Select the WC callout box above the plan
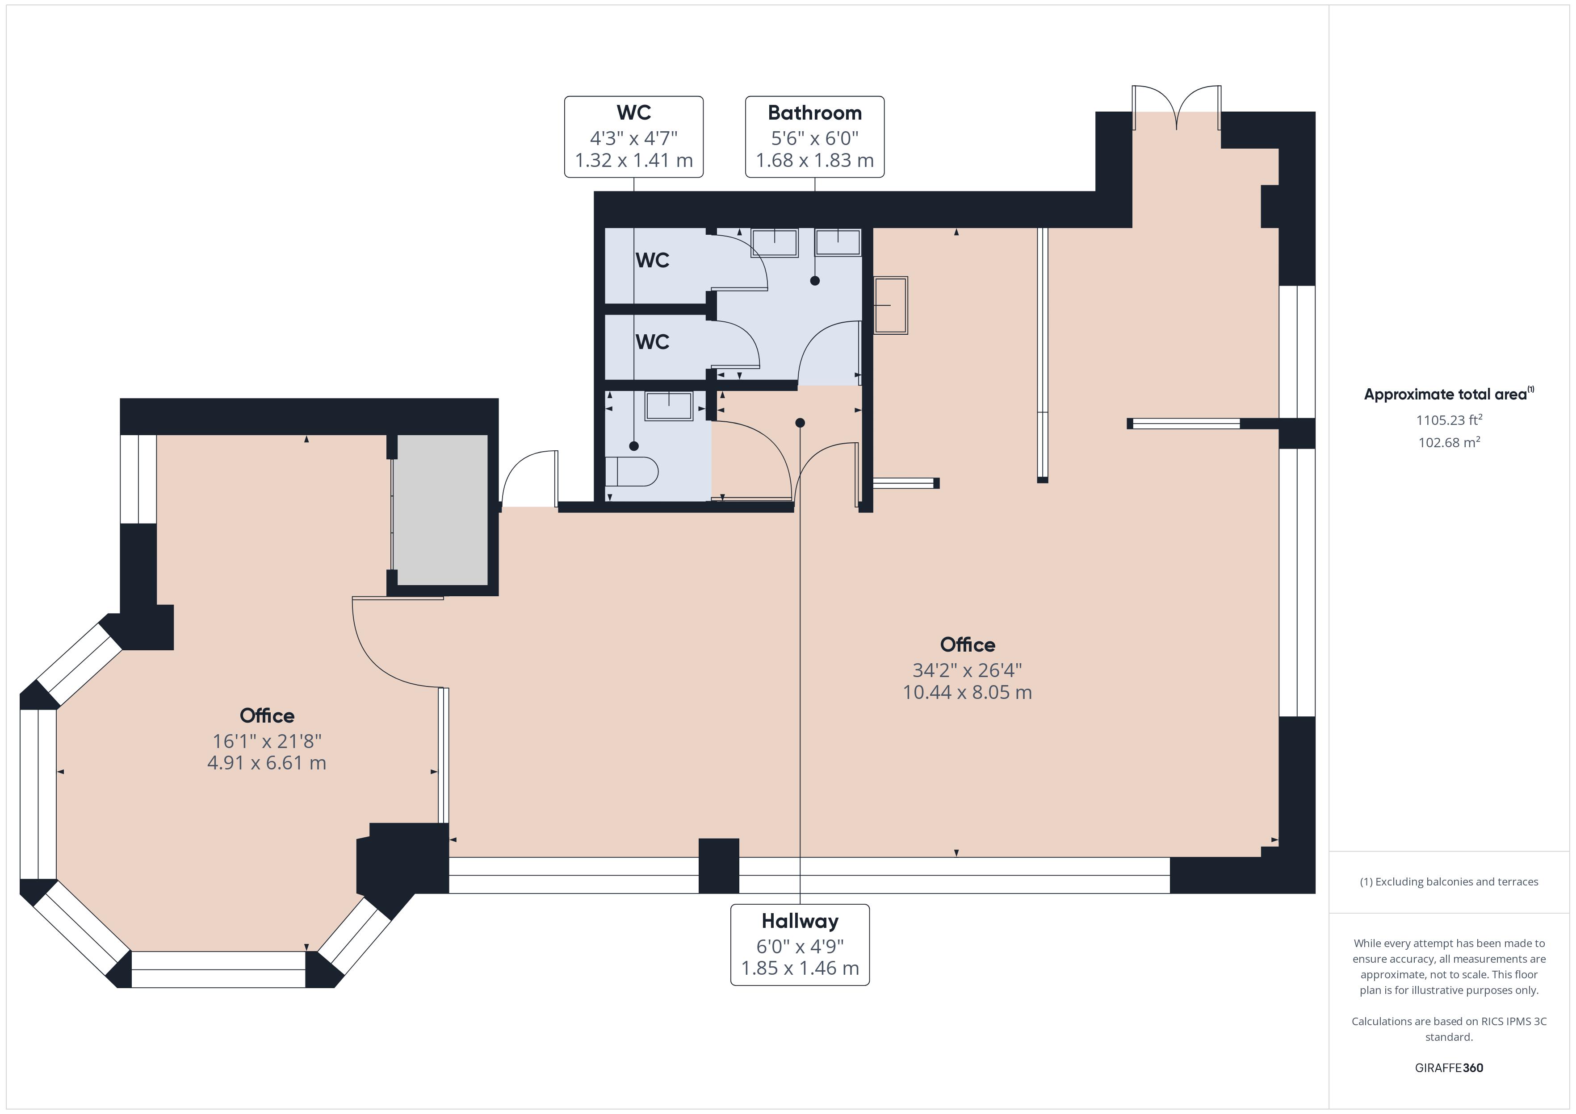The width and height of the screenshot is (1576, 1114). coord(633,137)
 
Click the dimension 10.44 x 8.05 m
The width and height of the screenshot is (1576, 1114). coord(967,692)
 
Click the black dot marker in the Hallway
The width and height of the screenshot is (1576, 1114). coord(800,423)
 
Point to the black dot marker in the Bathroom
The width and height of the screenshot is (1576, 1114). coord(815,281)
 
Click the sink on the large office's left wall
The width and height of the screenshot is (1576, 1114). coord(890,305)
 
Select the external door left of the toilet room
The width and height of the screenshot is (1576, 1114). coord(530,480)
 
